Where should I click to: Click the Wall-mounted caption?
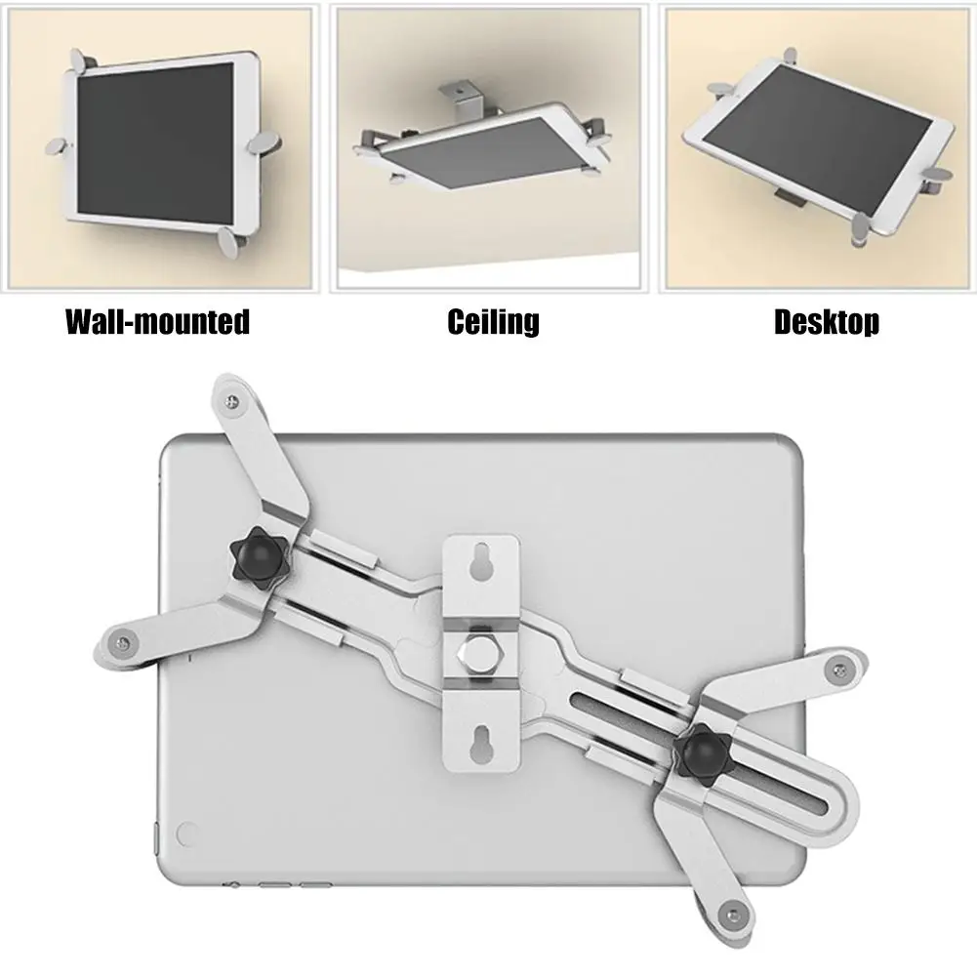[x=157, y=321]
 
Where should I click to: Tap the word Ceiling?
[x=493, y=321]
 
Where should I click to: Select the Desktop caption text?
[x=826, y=321]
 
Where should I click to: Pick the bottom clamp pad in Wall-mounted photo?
[x=232, y=240]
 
